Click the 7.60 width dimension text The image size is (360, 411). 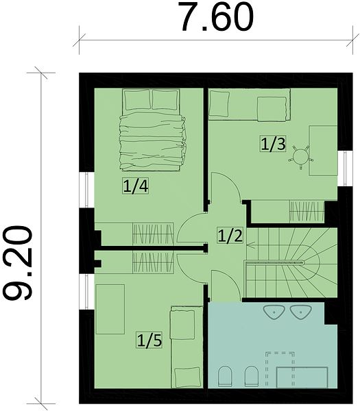pyautogui.click(x=216, y=16)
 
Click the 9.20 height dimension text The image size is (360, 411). pyautogui.click(x=17, y=263)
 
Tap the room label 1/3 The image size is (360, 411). pyautogui.click(x=273, y=143)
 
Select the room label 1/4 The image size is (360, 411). pyautogui.click(x=136, y=186)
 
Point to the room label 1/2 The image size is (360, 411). pyautogui.click(x=230, y=236)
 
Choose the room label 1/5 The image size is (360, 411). pyautogui.click(x=149, y=340)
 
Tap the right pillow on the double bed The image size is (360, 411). pyautogui.click(x=165, y=99)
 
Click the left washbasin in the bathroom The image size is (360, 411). pyautogui.click(x=274, y=312)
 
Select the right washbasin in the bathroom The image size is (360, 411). pyautogui.click(x=300, y=312)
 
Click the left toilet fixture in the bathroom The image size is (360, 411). pyautogui.click(x=225, y=376)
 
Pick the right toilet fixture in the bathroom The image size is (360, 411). pyautogui.click(x=252, y=376)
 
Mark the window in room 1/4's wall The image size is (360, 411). pyautogui.click(x=87, y=190)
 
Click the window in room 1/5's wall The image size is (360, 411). pyautogui.click(x=87, y=292)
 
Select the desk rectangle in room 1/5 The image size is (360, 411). pyautogui.click(x=110, y=310)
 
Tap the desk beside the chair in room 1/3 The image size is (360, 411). pyautogui.click(x=323, y=151)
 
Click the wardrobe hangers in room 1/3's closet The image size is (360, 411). pyautogui.click(x=307, y=212)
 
